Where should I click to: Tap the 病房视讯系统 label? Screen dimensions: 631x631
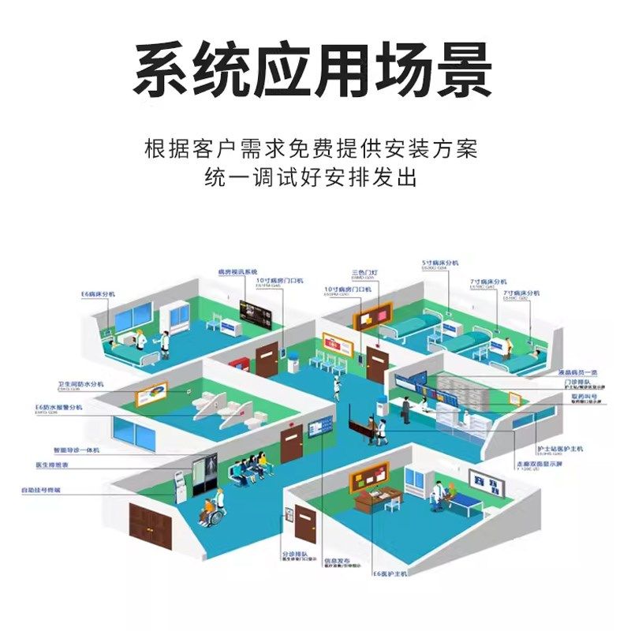click(238, 272)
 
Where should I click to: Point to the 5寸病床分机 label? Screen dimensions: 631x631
click(440, 262)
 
